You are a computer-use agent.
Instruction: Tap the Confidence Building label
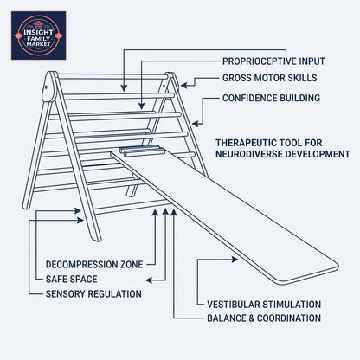coord(270,97)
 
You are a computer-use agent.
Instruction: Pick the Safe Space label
coord(66,279)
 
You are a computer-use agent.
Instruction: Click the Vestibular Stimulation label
coord(264,305)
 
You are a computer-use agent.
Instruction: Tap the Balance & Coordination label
coord(264,318)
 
